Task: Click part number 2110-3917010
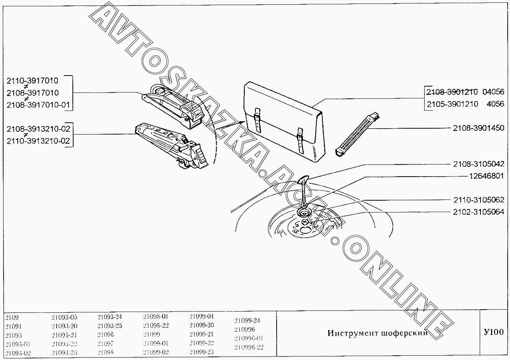coord(32,81)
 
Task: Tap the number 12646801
coord(486,176)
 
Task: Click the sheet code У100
coord(493,332)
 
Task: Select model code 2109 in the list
coord(12,317)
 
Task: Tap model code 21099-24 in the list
coord(247,320)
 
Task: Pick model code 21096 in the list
coord(105,335)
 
